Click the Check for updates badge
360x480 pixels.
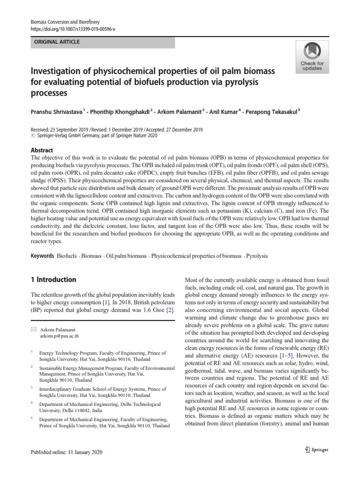312,56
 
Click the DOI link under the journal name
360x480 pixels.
72,29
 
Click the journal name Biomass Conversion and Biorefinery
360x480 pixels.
65,22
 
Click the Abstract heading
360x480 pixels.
42,150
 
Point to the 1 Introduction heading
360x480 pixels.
53,280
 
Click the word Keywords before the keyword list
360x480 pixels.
42,256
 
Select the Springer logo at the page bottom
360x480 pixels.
316,450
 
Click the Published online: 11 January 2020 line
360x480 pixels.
66,452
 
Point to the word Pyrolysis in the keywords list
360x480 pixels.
258,256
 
